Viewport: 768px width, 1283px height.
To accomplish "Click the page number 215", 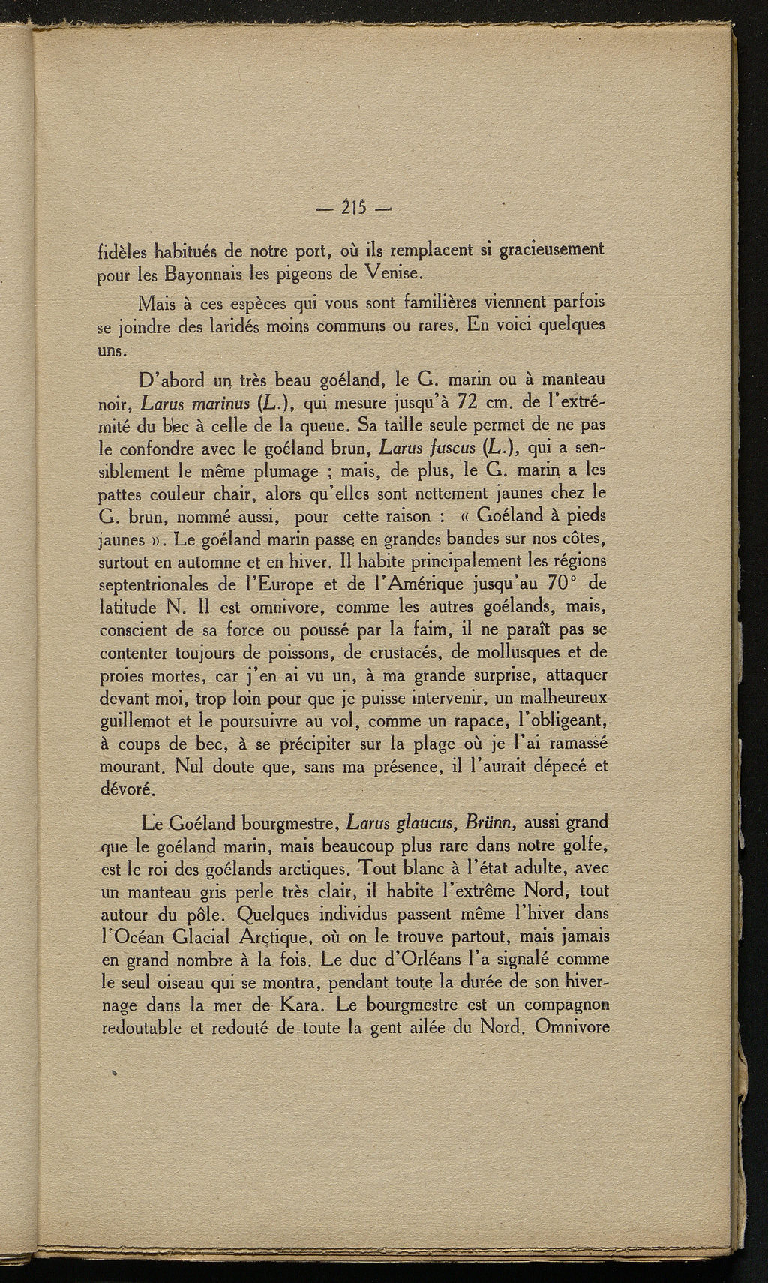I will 356,207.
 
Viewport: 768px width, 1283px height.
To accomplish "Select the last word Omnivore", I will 571,1026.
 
